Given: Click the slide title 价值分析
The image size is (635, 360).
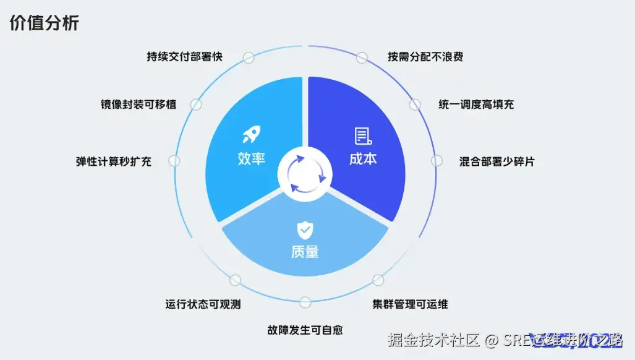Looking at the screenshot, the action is coord(45,24).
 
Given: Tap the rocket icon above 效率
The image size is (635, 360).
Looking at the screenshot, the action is coord(252,134).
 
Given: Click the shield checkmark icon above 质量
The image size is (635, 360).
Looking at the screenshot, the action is coord(305,230).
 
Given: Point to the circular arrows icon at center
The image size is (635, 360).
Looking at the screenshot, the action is coord(305,175).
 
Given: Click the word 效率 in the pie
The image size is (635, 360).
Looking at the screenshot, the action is coord(252,158).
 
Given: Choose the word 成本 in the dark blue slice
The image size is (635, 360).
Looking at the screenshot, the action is coord(363,158).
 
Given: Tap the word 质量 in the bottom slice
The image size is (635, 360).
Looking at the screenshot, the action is coord(305,252).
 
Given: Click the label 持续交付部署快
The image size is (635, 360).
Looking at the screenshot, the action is coord(185,57).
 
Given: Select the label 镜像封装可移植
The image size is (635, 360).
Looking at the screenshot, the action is coord(139,105).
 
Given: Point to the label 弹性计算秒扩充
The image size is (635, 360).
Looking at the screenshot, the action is coord(114,161).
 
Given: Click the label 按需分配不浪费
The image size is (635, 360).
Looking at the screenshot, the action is coord(425,57).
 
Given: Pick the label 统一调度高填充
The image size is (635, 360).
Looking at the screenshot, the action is coord(476,105).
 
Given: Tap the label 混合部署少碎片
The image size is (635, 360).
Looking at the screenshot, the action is coord(497,161).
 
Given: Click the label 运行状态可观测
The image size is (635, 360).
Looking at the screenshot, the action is coord(203,304).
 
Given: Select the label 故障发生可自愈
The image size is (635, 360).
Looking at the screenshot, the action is coord(305,330).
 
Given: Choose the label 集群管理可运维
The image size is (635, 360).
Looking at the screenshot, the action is coord(411,304).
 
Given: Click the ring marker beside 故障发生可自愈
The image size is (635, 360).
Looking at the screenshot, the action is coord(305,302).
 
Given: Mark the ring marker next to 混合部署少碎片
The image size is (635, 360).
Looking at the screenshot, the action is coord(437,161).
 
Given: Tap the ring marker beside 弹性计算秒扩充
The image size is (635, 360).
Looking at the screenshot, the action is coord(174,161).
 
